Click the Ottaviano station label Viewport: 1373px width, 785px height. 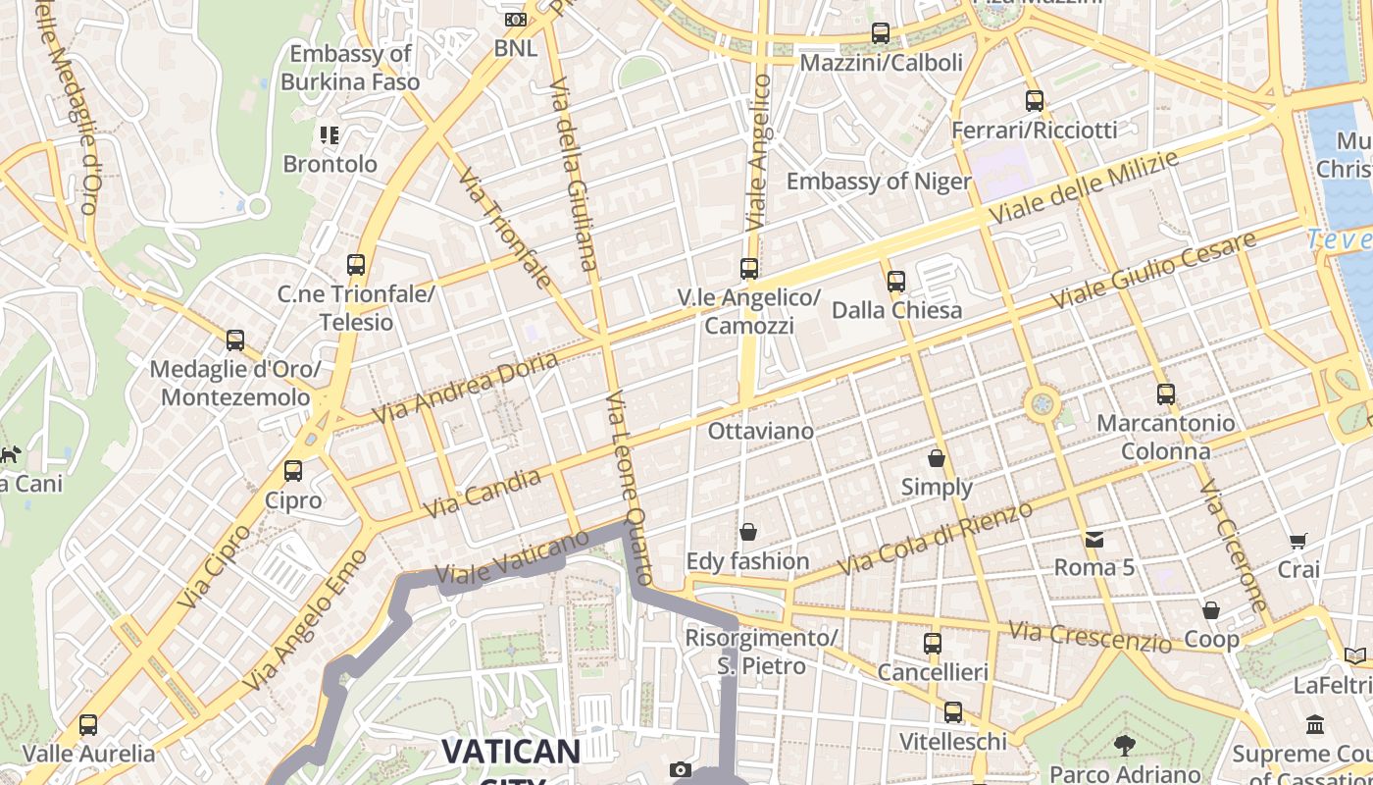(761, 431)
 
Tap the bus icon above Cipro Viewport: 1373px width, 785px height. (293, 471)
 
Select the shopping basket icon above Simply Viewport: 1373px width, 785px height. (937, 458)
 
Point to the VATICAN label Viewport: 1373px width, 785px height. (510, 752)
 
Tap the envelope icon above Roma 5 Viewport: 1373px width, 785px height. (1094, 539)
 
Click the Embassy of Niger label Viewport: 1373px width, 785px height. (878, 182)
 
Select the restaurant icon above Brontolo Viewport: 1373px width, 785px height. (330, 135)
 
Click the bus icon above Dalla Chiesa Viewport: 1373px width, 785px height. (895, 282)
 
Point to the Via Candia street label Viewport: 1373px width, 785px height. (483, 494)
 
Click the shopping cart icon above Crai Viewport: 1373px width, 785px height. (1298, 541)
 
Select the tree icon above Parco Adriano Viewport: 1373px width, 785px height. (1125, 746)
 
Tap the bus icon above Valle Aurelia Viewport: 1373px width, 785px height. (88, 725)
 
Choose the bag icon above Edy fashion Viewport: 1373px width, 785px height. (748, 533)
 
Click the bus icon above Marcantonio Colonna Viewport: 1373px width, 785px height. (1165, 394)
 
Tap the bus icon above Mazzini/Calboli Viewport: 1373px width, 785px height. (881, 34)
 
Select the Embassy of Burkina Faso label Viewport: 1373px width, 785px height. (350, 68)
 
